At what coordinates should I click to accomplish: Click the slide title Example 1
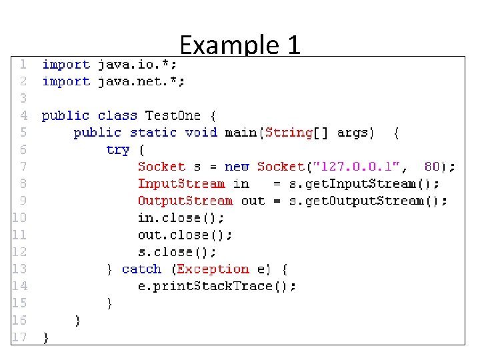tap(240, 45)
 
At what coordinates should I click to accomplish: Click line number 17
tap(19, 337)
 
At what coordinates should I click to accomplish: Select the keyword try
tap(117, 149)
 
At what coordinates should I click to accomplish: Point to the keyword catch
tap(142, 269)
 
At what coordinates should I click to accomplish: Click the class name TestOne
tap(173, 115)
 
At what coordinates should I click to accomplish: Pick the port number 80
tap(432, 167)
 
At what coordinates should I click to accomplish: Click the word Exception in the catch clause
tap(213, 269)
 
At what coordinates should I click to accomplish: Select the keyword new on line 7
tap(237, 167)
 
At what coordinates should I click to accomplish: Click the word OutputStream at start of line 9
tap(185, 201)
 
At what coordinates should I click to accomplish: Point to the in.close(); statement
tap(181, 218)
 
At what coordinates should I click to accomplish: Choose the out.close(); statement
tap(185, 235)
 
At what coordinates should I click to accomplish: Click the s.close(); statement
tap(177, 252)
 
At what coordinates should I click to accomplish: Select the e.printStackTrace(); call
tap(217, 286)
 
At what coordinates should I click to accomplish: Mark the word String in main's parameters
tap(289, 132)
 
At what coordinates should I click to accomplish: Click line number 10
tap(19, 217)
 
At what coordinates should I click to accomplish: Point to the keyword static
tap(153, 132)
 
